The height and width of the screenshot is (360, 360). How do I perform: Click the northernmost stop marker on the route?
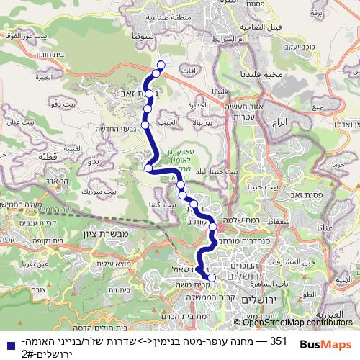[161, 66]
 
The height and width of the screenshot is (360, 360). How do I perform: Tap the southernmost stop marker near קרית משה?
[212, 277]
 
